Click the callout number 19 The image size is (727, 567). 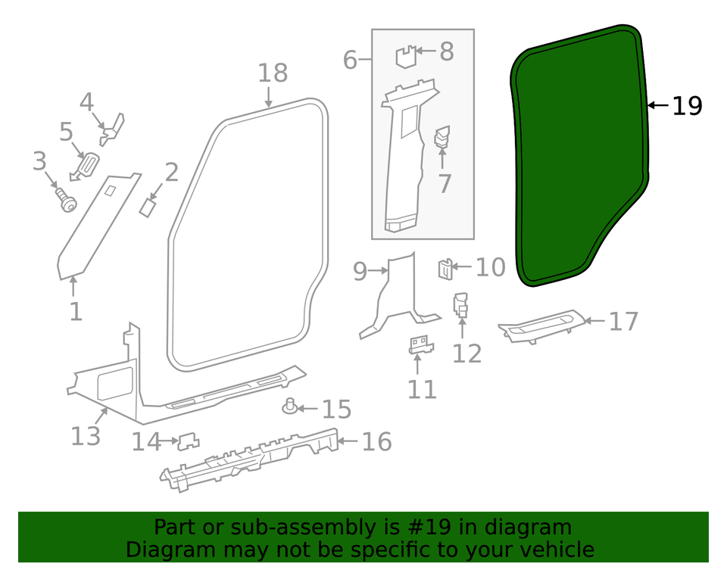687,106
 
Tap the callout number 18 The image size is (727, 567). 273,73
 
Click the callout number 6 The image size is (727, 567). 349,59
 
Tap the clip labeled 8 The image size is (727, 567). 407,57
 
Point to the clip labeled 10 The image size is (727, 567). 445,269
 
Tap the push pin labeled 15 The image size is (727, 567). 289,407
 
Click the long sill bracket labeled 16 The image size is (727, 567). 250,454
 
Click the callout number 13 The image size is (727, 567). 86,436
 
